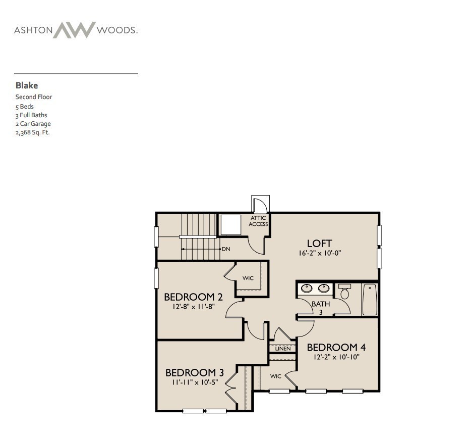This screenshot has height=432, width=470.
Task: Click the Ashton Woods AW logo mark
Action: point(74,30)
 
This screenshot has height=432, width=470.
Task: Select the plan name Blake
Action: point(27,85)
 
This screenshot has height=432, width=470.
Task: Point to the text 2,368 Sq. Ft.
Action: point(32,132)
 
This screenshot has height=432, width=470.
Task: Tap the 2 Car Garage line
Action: point(33,123)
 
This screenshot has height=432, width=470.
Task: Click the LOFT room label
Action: point(319,244)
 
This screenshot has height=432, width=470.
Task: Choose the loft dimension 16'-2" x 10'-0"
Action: point(320,253)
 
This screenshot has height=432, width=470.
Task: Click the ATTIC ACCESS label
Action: point(258,221)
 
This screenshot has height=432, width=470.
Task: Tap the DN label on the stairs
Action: point(226,249)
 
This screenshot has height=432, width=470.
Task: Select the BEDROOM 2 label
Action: point(193,297)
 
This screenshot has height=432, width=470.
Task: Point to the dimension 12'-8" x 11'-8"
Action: point(194,306)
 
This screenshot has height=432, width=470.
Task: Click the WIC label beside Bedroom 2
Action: point(248,278)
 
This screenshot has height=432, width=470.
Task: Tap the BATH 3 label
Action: point(321,308)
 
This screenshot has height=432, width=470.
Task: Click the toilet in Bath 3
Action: point(345,292)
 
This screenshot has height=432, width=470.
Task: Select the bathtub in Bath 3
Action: point(369,299)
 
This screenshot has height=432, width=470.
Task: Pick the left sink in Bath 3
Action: point(306,289)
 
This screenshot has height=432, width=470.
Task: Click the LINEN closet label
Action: point(283,349)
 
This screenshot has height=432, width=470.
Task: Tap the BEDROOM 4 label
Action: point(336,347)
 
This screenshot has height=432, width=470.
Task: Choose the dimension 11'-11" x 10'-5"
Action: point(194,382)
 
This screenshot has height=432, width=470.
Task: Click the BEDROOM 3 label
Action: point(194,372)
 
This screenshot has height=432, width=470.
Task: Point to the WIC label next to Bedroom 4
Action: point(275,376)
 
